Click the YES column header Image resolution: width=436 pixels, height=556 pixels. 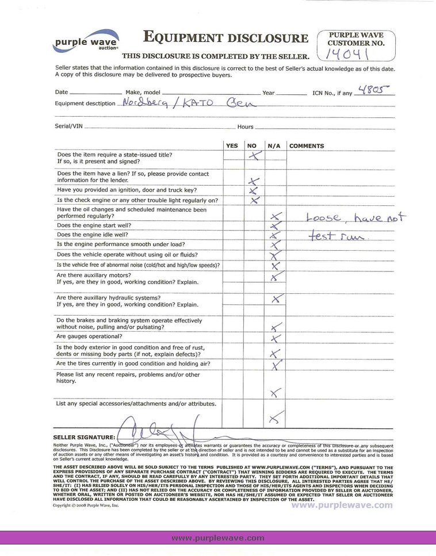point(232,146)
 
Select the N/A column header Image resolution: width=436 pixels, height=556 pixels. point(274,146)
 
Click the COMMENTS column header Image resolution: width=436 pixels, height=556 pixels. point(307,146)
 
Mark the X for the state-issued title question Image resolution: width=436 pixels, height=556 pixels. point(254,156)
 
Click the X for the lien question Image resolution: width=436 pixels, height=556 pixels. point(254,182)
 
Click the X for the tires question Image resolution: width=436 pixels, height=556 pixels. point(276,365)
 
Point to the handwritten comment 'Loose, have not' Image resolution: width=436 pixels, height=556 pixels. point(355,217)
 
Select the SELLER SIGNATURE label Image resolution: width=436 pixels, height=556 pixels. point(84,438)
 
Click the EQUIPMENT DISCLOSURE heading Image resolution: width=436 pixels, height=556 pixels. point(225,39)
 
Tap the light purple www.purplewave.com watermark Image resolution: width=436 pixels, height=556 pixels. point(342,505)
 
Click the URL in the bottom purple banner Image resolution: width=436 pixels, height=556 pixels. point(218,538)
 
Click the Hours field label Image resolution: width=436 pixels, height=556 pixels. point(245,126)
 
